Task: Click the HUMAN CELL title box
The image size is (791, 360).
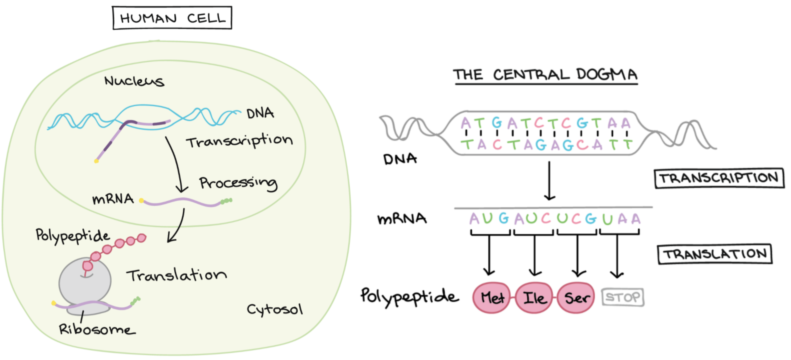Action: [172, 18]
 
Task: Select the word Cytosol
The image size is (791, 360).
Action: [275, 309]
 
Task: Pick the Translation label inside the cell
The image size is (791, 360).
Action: [177, 275]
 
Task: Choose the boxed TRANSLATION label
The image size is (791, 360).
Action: [715, 254]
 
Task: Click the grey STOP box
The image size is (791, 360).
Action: [623, 297]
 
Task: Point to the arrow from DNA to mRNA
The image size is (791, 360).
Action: [549, 181]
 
